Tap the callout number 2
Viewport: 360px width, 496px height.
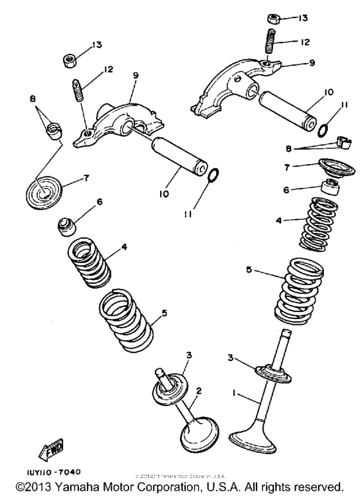tap(199, 390)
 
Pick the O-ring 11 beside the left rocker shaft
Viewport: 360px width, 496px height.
tap(215, 174)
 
